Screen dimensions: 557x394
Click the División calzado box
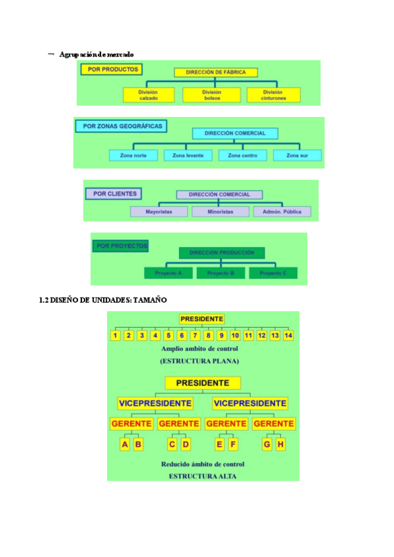click(x=148, y=95)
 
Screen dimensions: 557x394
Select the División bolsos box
click(x=211, y=95)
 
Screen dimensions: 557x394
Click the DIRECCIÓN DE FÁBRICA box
click(x=216, y=72)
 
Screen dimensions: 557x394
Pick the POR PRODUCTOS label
click(x=111, y=69)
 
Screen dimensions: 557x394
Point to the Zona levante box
click(x=188, y=156)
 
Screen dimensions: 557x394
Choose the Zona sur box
click(x=297, y=156)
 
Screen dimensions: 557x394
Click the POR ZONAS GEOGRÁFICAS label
click(x=123, y=125)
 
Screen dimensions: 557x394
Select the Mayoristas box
click(x=160, y=212)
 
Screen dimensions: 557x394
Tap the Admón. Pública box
click(x=282, y=212)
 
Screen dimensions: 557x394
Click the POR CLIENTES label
click(x=115, y=194)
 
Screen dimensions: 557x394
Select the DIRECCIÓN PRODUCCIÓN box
click(x=221, y=252)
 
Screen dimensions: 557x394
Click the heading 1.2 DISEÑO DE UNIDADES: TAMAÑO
click(x=104, y=300)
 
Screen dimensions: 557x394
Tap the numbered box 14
click(x=288, y=336)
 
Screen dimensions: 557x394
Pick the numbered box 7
click(x=195, y=336)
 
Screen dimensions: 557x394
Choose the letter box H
click(x=280, y=445)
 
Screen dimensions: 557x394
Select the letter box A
click(x=125, y=445)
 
